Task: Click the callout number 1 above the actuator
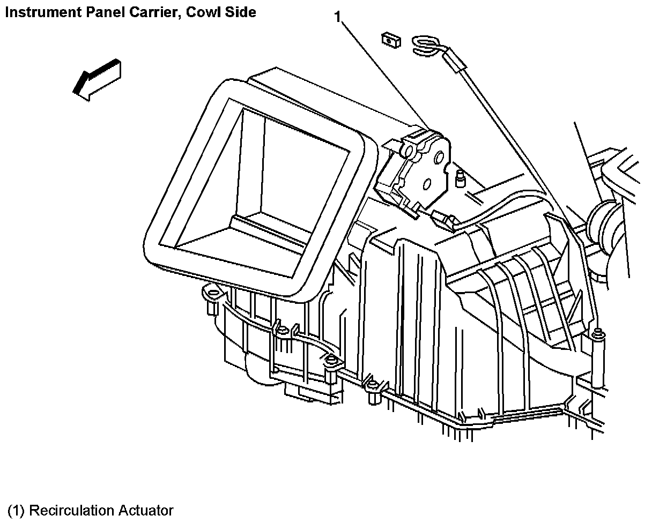click(338, 17)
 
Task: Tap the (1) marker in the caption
click(17, 510)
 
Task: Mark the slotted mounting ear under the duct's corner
click(213, 294)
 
